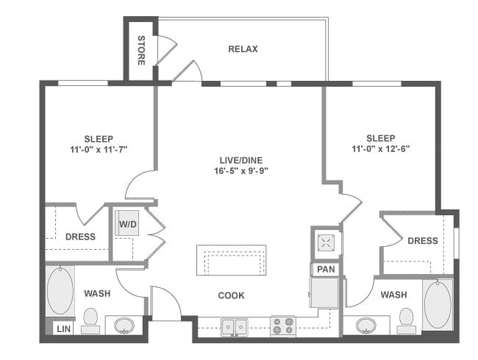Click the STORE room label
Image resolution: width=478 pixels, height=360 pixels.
[141, 50]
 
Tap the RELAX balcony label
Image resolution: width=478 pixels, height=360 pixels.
[243, 49]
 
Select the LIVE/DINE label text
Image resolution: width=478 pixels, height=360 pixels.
[240, 160]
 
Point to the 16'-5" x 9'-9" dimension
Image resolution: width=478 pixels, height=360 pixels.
[240, 171]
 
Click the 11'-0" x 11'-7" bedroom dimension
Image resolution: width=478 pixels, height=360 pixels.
[99, 150]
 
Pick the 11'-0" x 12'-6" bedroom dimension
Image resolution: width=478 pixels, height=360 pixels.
[380, 149]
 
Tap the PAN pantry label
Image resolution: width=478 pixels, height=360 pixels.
[326, 269]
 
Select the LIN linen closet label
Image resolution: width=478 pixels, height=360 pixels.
[63, 329]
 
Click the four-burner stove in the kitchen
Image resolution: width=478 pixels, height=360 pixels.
[283, 326]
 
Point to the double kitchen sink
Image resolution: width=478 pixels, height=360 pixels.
[235, 327]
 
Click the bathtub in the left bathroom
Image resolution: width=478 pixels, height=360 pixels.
[60, 290]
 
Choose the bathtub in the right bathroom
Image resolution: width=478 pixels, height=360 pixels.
[438, 304]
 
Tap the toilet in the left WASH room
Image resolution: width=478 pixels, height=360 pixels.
[90, 321]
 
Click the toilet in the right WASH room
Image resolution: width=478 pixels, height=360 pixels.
[407, 320]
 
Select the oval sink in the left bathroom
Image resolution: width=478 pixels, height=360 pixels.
[124, 325]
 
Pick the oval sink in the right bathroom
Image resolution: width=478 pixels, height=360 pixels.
[365, 325]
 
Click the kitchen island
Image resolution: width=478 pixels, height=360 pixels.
[232, 260]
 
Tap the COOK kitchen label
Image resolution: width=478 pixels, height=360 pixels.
[231, 295]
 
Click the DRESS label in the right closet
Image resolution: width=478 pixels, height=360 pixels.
[423, 241]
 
